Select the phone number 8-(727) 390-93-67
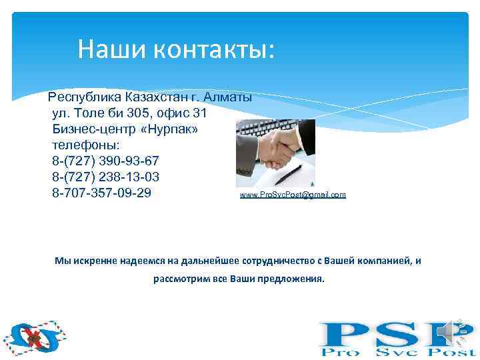[105, 161]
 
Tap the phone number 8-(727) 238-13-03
[105, 177]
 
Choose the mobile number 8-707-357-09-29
[101, 193]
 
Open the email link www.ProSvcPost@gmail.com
[293, 195]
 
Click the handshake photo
[275, 153]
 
